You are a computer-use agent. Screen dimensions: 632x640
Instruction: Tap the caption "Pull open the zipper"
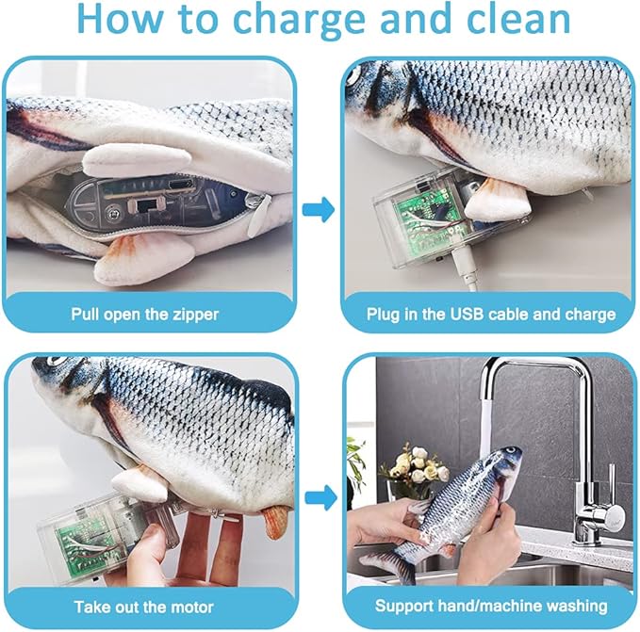click(143, 314)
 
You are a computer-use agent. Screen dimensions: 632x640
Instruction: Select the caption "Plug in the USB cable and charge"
click(490, 314)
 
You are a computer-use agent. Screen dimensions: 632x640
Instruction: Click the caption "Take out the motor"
click(143, 607)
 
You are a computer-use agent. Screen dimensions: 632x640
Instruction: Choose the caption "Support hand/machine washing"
click(490, 607)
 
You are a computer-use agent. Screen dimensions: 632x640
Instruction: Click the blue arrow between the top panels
click(320, 209)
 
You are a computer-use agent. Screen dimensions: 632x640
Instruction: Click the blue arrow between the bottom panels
click(320, 495)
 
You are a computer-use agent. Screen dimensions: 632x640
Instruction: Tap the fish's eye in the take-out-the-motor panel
click(54, 362)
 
